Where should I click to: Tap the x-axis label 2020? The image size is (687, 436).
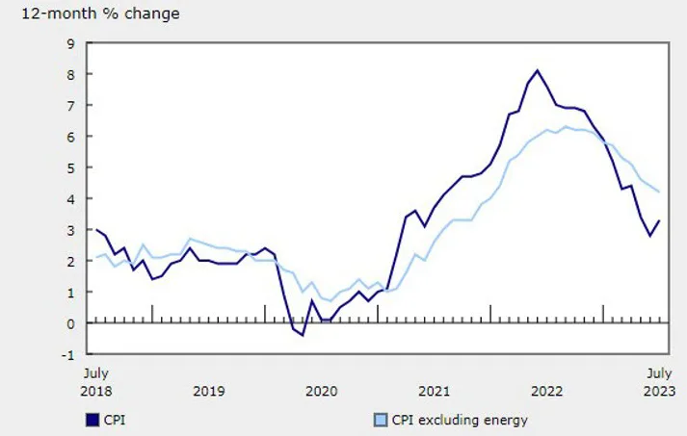(321, 391)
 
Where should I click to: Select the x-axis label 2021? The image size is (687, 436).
(435, 391)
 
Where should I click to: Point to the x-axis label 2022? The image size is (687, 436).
(547, 391)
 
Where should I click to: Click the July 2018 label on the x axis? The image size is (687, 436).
(95, 381)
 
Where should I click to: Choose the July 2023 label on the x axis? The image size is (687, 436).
(659, 381)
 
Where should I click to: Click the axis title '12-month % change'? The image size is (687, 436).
(93, 14)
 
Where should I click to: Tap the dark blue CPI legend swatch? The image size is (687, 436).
(92, 420)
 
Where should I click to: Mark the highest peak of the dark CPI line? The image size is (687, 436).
(537, 70)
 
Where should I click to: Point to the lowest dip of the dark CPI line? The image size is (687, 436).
(302, 335)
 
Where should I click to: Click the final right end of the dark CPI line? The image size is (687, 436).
(659, 221)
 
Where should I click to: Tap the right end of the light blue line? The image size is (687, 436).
(659, 192)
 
